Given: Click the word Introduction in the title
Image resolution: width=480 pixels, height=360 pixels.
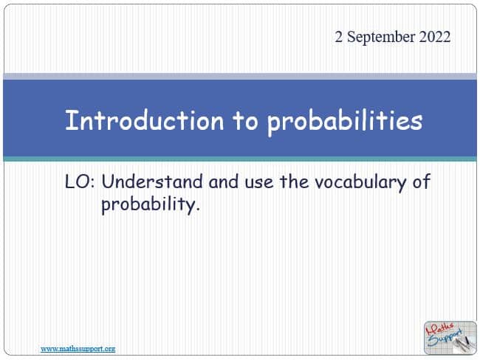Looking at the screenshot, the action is pos(145,120).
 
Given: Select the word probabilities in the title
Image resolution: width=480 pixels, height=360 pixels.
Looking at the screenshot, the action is pos(345,122).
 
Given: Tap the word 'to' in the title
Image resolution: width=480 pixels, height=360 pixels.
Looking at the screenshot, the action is pos(245,121).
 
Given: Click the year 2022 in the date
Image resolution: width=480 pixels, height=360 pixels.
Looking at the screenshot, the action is pos(435,37).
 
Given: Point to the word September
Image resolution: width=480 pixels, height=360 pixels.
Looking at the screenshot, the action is pos(381,38).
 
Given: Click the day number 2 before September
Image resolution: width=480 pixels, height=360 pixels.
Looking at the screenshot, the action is pos(338,37).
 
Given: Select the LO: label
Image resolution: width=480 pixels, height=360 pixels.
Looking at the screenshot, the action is pos(80,181).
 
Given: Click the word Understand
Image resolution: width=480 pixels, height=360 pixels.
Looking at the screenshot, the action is pos(152,181).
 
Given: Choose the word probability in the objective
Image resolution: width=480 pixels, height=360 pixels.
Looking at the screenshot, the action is pos(151,205).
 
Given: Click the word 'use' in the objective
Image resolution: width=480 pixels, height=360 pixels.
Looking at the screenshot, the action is pos(259,183).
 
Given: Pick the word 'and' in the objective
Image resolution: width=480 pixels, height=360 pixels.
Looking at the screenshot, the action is pos(224,181).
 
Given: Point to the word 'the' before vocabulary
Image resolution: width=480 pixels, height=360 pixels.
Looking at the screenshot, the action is pos(294,181).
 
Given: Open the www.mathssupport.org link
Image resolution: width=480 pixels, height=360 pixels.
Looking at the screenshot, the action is pos(78,349).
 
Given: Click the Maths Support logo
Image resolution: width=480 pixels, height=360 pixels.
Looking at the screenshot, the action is pos(450,337).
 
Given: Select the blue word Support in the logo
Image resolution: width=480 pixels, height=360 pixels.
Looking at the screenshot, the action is pos(445,338).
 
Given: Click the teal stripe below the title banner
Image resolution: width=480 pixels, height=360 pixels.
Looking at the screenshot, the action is pos(240,159).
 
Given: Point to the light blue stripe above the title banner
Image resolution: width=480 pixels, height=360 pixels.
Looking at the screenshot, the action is pos(240,77).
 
